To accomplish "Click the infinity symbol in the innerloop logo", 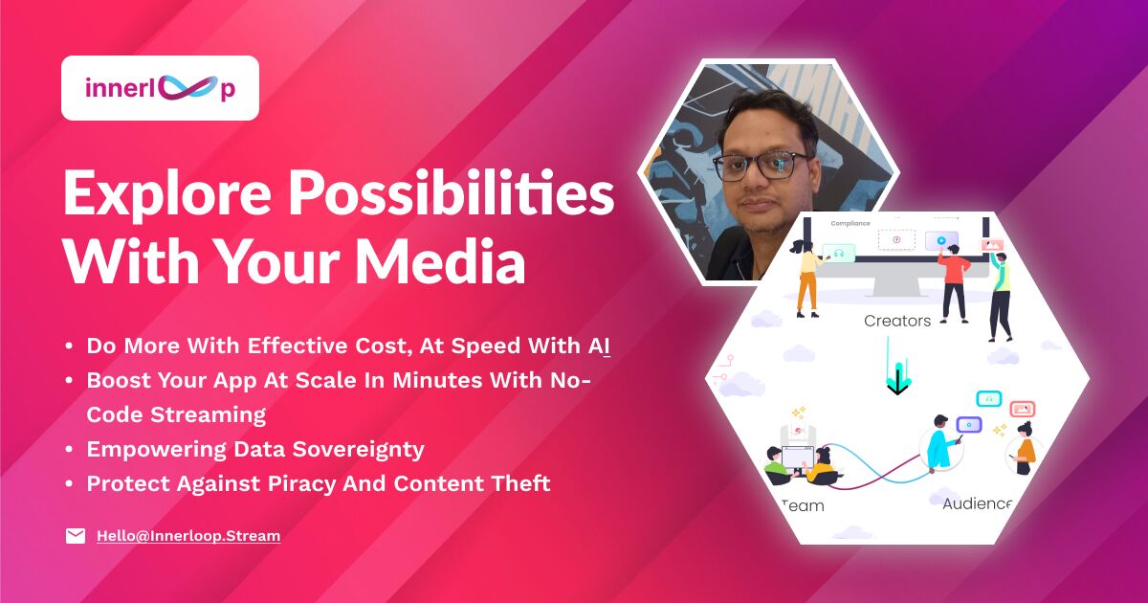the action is (188, 88).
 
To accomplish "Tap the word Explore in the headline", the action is (167, 193).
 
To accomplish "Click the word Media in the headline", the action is (440, 260).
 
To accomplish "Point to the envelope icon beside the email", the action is (76, 536).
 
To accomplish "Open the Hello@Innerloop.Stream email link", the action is (188, 536).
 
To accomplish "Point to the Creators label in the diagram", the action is (897, 321).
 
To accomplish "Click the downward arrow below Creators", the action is (897, 366).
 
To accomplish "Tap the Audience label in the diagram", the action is (977, 503).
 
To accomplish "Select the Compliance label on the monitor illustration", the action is (850, 224).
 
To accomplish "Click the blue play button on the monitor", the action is (941, 240).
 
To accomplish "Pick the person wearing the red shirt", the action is (954, 283).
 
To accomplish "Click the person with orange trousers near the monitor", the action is (806, 278).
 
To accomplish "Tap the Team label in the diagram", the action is (803, 506).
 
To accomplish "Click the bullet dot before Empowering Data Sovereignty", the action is (69, 450).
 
